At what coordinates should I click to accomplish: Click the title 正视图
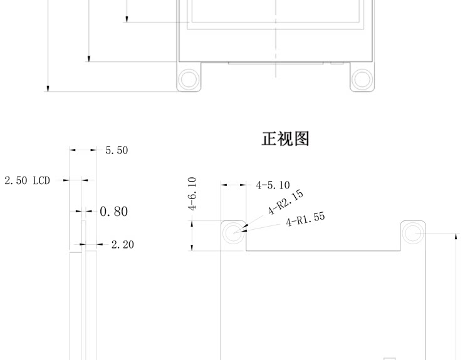click(285, 138)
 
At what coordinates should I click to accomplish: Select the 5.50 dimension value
click(117, 150)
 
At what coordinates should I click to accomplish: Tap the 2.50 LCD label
click(27, 180)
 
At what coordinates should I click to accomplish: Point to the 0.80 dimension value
click(113, 212)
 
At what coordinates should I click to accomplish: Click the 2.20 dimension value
click(122, 244)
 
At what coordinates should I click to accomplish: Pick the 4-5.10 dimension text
click(273, 185)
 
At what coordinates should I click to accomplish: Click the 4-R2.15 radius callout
click(286, 202)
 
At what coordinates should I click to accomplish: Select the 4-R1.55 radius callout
click(306, 220)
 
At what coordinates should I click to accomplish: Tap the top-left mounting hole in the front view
click(234, 233)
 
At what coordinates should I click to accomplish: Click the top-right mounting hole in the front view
click(412, 233)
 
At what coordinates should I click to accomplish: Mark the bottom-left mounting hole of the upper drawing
click(188, 80)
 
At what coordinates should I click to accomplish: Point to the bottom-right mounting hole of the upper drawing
click(362, 80)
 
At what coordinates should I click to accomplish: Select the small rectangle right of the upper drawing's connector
click(337, 63)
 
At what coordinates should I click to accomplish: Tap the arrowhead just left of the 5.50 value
click(93, 150)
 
